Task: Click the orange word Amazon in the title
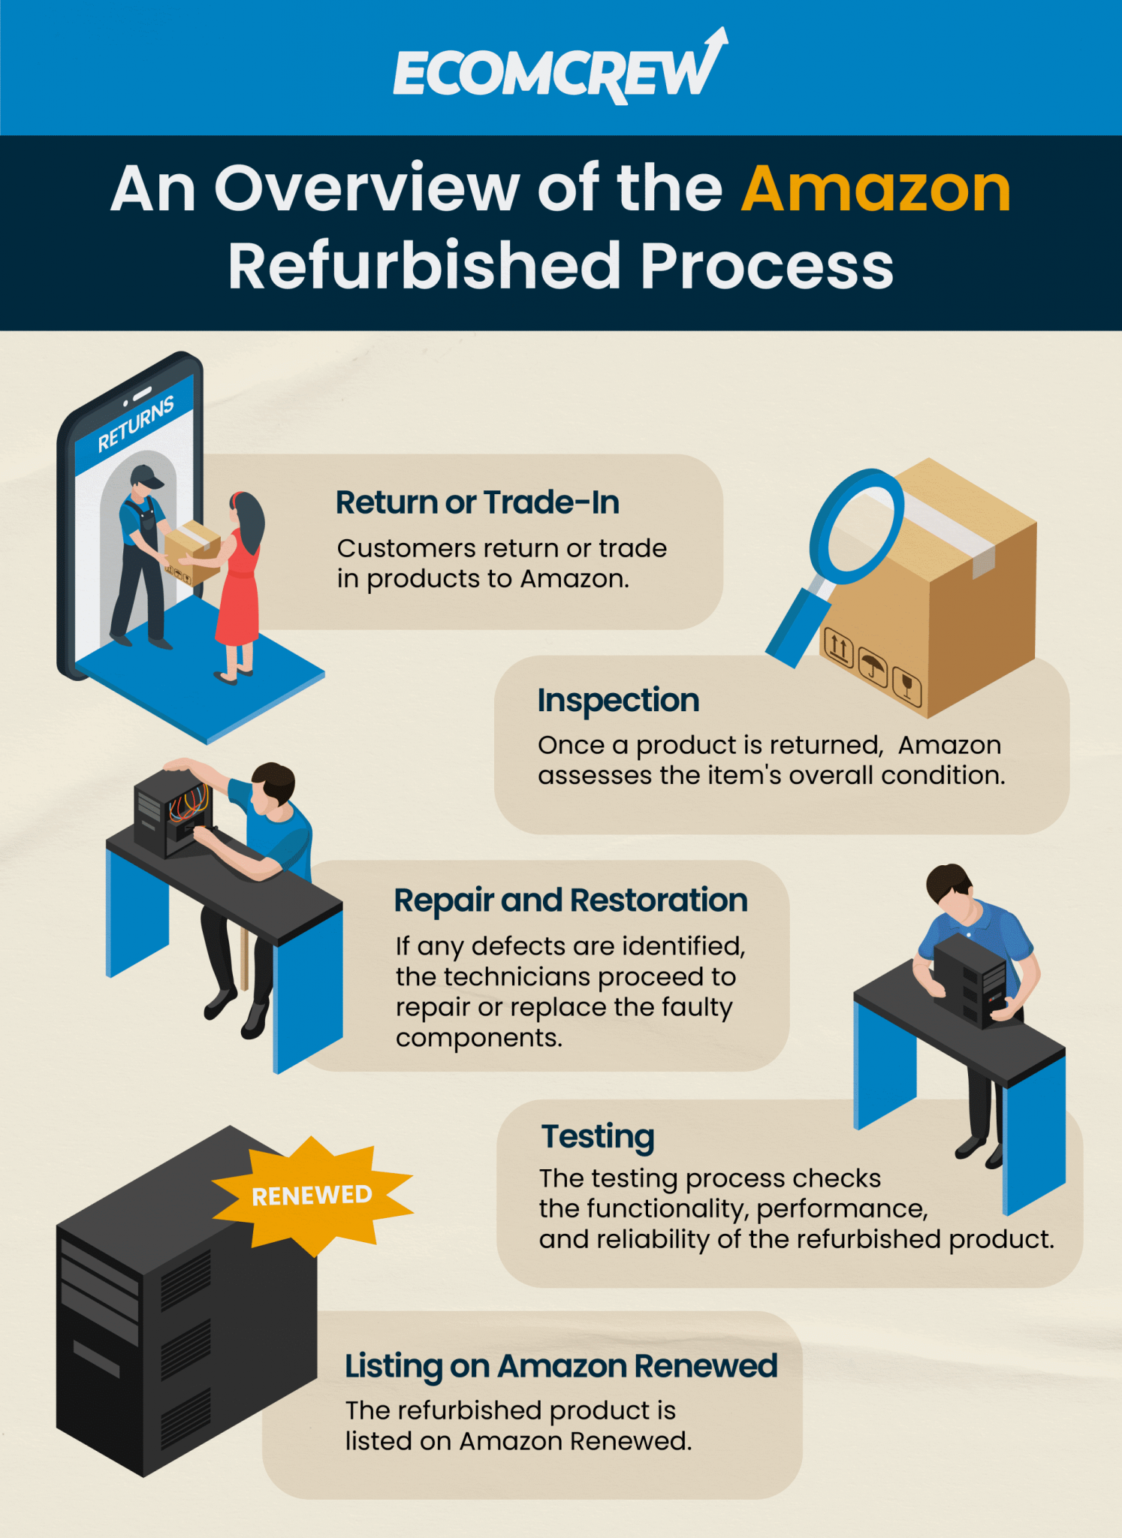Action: coord(876,189)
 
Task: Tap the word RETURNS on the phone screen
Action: coord(136,424)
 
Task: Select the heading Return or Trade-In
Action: coord(477,502)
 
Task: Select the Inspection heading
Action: coord(618,700)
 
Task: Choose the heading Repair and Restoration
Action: coord(571,900)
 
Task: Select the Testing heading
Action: coord(598,1136)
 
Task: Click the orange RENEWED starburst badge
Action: coord(312,1195)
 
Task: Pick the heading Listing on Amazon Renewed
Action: coord(560,1366)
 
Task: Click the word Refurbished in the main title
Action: coord(424,267)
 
